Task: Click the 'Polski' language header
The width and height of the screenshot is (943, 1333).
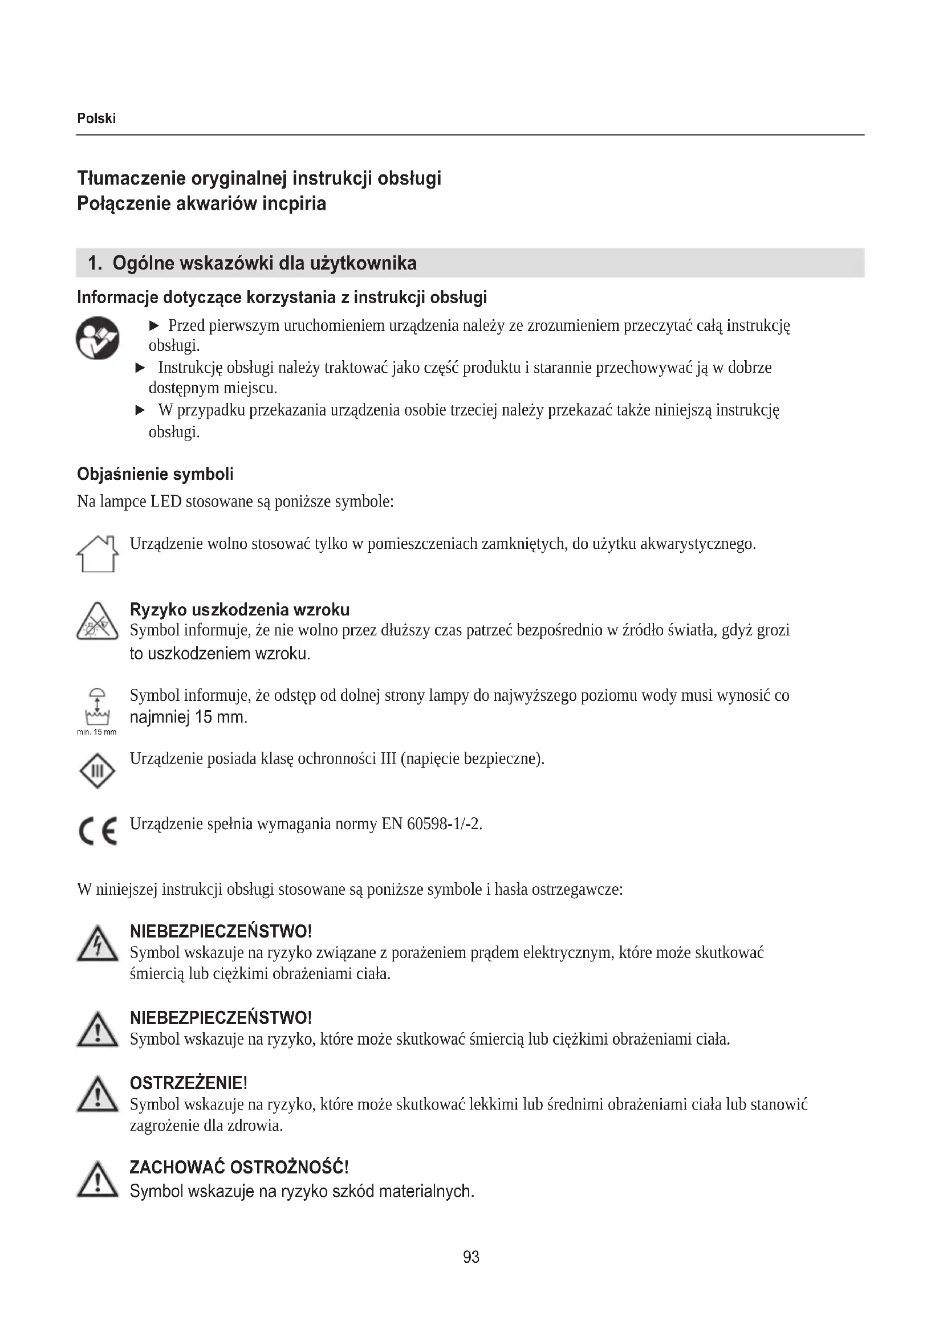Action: pos(96,119)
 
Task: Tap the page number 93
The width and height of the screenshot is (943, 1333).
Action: pos(471,1257)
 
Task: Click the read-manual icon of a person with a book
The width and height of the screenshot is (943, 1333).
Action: pos(97,338)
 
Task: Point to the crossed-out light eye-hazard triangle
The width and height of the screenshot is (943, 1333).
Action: pos(97,622)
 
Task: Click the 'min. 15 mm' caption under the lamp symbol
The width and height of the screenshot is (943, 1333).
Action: pos(96,732)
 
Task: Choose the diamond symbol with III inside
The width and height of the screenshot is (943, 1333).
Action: pos(97,771)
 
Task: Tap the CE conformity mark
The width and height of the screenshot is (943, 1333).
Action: pos(97,831)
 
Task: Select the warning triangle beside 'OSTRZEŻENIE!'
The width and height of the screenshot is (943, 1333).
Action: pos(97,1095)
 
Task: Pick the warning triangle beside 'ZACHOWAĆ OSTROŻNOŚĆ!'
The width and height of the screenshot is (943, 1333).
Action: pos(97,1180)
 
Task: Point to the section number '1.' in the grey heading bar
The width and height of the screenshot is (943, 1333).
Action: pos(95,264)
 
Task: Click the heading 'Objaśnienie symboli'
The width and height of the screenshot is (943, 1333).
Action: pos(155,474)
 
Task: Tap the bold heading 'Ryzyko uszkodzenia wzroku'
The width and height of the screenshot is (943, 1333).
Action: pos(240,610)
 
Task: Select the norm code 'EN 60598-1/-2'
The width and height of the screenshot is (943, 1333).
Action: pos(432,824)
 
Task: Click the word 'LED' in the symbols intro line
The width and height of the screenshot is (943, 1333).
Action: pos(166,502)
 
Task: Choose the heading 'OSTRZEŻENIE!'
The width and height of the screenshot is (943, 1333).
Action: pos(189,1083)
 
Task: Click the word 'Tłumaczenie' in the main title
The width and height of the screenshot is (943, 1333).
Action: pos(131,178)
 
